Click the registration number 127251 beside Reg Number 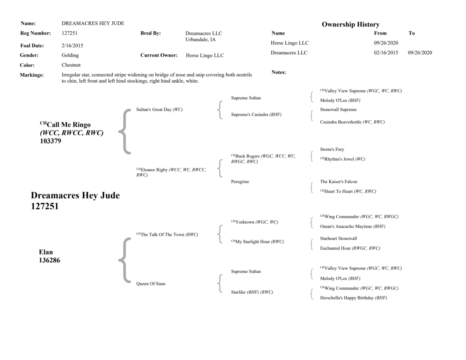pos(70,34)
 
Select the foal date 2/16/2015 pos(72,45)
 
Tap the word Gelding pos(70,55)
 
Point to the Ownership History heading pos(350,24)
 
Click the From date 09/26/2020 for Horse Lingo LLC pos(386,43)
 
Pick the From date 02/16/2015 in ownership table pos(386,53)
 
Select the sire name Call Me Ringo pos(68,125)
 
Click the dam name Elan pos(46,252)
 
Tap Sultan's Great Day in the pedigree pos(154,110)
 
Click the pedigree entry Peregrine pos(240,182)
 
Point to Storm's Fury pos(332,149)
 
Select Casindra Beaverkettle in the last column pos(341,122)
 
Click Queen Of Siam pos(151,284)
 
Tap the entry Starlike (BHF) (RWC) pos(252,292)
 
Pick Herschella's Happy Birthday pos(347,298)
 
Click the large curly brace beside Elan pos(123,260)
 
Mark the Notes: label pos(278,73)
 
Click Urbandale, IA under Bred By pos(200,40)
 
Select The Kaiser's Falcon pos(339,182)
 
